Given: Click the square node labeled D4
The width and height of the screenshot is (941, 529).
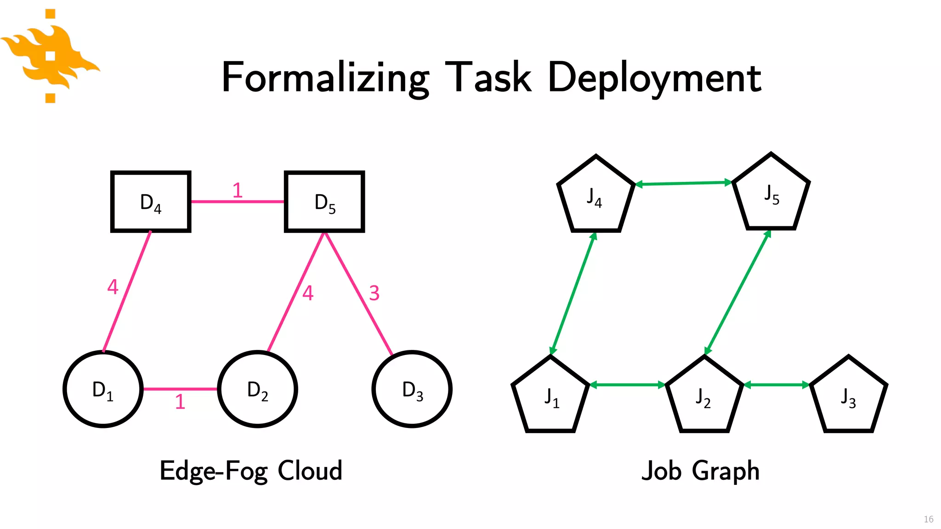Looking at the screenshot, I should [x=151, y=202].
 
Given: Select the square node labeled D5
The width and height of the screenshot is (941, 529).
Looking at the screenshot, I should [x=324, y=202].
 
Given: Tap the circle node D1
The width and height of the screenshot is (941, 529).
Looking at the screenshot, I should [x=103, y=389].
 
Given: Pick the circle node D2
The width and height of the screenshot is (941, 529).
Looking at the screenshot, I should [x=257, y=389].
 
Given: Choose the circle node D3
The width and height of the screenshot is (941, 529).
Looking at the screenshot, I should [x=412, y=389].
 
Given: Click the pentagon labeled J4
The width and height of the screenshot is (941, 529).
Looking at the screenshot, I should [x=595, y=197].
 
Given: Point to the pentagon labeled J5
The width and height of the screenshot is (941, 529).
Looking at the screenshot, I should [x=771, y=195].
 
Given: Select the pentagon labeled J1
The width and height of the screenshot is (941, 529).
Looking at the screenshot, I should [x=550, y=398].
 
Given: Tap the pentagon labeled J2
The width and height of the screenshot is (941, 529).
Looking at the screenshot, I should [x=704, y=398].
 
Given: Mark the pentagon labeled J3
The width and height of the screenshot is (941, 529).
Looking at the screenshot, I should [x=848, y=398].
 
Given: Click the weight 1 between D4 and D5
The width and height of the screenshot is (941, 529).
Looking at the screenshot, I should [x=237, y=190].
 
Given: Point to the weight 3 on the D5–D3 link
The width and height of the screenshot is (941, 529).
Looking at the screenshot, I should [x=374, y=293].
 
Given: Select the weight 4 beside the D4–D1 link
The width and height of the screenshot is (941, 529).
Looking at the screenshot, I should [x=113, y=287].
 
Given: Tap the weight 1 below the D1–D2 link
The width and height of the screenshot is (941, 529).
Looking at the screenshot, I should [x=180, y=402].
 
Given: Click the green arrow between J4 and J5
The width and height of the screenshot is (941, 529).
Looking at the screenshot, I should [x=683, y=183].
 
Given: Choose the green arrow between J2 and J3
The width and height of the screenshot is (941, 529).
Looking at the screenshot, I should [x=777, y=385].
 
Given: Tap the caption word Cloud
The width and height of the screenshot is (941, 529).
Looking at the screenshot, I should [x=310, y=470].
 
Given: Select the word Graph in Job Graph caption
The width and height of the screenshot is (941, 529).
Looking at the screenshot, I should [x=726, y=471].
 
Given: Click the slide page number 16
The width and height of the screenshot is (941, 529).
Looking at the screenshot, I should [x=928, y=519].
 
